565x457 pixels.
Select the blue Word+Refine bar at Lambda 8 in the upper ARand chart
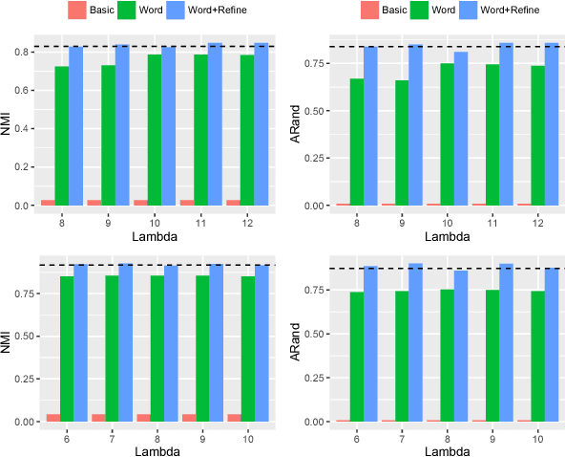370,126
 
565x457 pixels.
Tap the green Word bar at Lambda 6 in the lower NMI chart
67,349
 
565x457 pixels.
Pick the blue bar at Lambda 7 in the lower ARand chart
416,342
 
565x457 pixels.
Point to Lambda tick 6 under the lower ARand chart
357,436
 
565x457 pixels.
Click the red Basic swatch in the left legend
78,11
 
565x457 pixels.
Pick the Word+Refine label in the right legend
513,11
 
